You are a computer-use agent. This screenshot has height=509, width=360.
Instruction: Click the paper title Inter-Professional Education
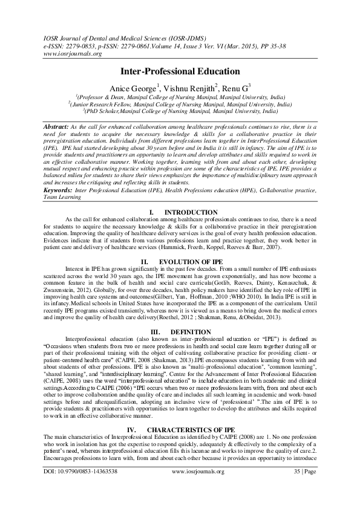[x=180, y=71]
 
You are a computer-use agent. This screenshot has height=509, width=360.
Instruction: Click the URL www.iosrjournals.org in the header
[x=62, y=53]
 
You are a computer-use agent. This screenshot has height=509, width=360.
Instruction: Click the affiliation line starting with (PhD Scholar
[x=182, y=111]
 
